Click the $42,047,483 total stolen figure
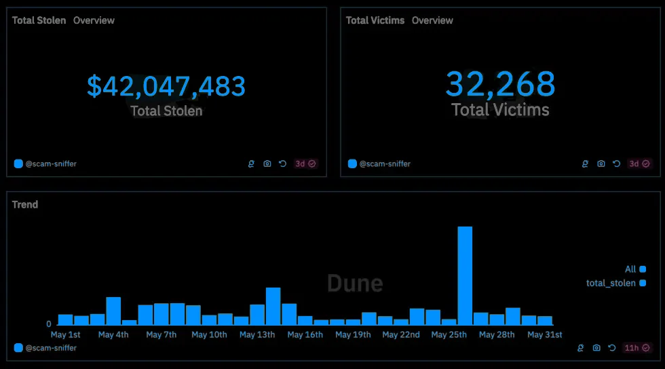166,86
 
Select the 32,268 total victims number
500,84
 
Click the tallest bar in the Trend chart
465,275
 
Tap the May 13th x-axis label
257,335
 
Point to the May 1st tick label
66,335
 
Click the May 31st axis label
545,335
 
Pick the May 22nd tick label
401,335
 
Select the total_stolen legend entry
611,283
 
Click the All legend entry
630,269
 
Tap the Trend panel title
25,204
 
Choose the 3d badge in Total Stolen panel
301,163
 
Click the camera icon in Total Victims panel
601,163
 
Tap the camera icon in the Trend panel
596,348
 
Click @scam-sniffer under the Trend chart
51,348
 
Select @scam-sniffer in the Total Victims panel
385,163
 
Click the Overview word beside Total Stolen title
94,20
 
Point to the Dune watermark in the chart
355,283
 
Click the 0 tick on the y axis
49,324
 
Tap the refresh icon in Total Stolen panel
283,163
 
